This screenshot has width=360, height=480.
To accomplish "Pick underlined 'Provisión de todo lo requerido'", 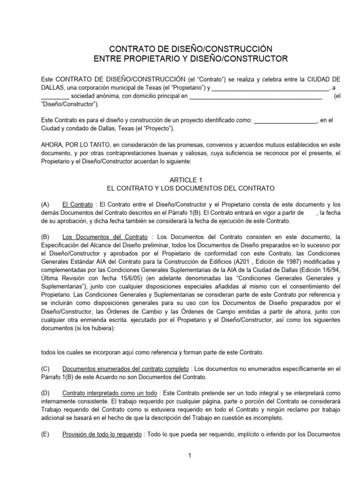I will [x=102, y=435].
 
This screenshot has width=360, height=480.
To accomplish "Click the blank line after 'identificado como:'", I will [x=285, y=120].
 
